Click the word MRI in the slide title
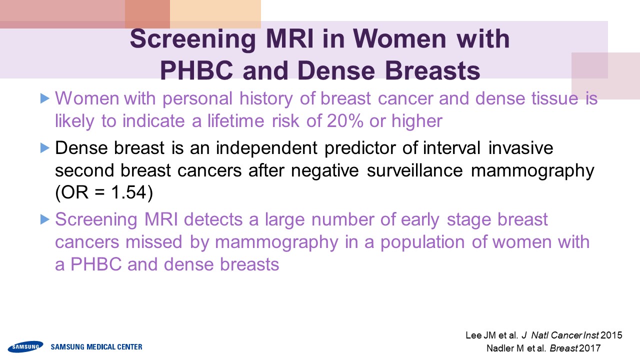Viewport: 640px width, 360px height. point(289,38)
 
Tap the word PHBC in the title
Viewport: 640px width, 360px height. point(196,70)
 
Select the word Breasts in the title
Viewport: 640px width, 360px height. point(432,70)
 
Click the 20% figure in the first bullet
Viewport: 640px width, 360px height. point(345,121)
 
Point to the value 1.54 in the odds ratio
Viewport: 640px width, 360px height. point(128,192)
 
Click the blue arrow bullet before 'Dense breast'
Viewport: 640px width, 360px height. point(45,148)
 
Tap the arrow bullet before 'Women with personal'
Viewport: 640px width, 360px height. point(45,98)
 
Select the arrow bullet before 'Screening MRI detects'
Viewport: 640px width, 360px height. point(45,219)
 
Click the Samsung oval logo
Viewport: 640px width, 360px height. point(25,346)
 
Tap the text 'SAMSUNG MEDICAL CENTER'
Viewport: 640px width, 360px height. point(96,347)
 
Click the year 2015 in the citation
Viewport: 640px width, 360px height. point(611,335)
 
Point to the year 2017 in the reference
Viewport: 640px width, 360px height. point(589,348)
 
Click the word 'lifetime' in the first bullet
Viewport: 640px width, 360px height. point(235,121)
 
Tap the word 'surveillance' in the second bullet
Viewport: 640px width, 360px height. point(414,170)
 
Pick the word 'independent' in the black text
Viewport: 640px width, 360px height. point(266,148)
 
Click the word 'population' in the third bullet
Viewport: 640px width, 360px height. point(422,242)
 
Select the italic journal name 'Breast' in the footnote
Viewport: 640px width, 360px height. point(563,348)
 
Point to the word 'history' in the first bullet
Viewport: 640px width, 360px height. point(266,98)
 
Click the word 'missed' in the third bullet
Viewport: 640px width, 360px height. point(153,242)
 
